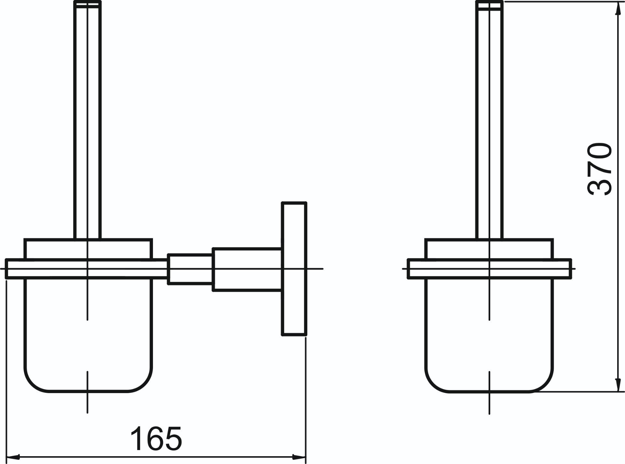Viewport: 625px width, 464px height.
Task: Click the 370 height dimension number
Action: (600, 169)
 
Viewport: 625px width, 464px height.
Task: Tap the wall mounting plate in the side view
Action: (294, 269)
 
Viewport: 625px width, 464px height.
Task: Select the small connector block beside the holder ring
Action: (190, 269)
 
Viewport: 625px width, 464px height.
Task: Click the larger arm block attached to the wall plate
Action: (247, 270)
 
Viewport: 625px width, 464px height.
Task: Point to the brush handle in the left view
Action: (88, 120)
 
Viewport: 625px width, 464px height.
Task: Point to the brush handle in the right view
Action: (489, 120)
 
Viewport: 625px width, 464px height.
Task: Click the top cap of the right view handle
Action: (489, 6)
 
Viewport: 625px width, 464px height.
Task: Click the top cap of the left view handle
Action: (88, 4)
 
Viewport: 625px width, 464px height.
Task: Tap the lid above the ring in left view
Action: (88, 249)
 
